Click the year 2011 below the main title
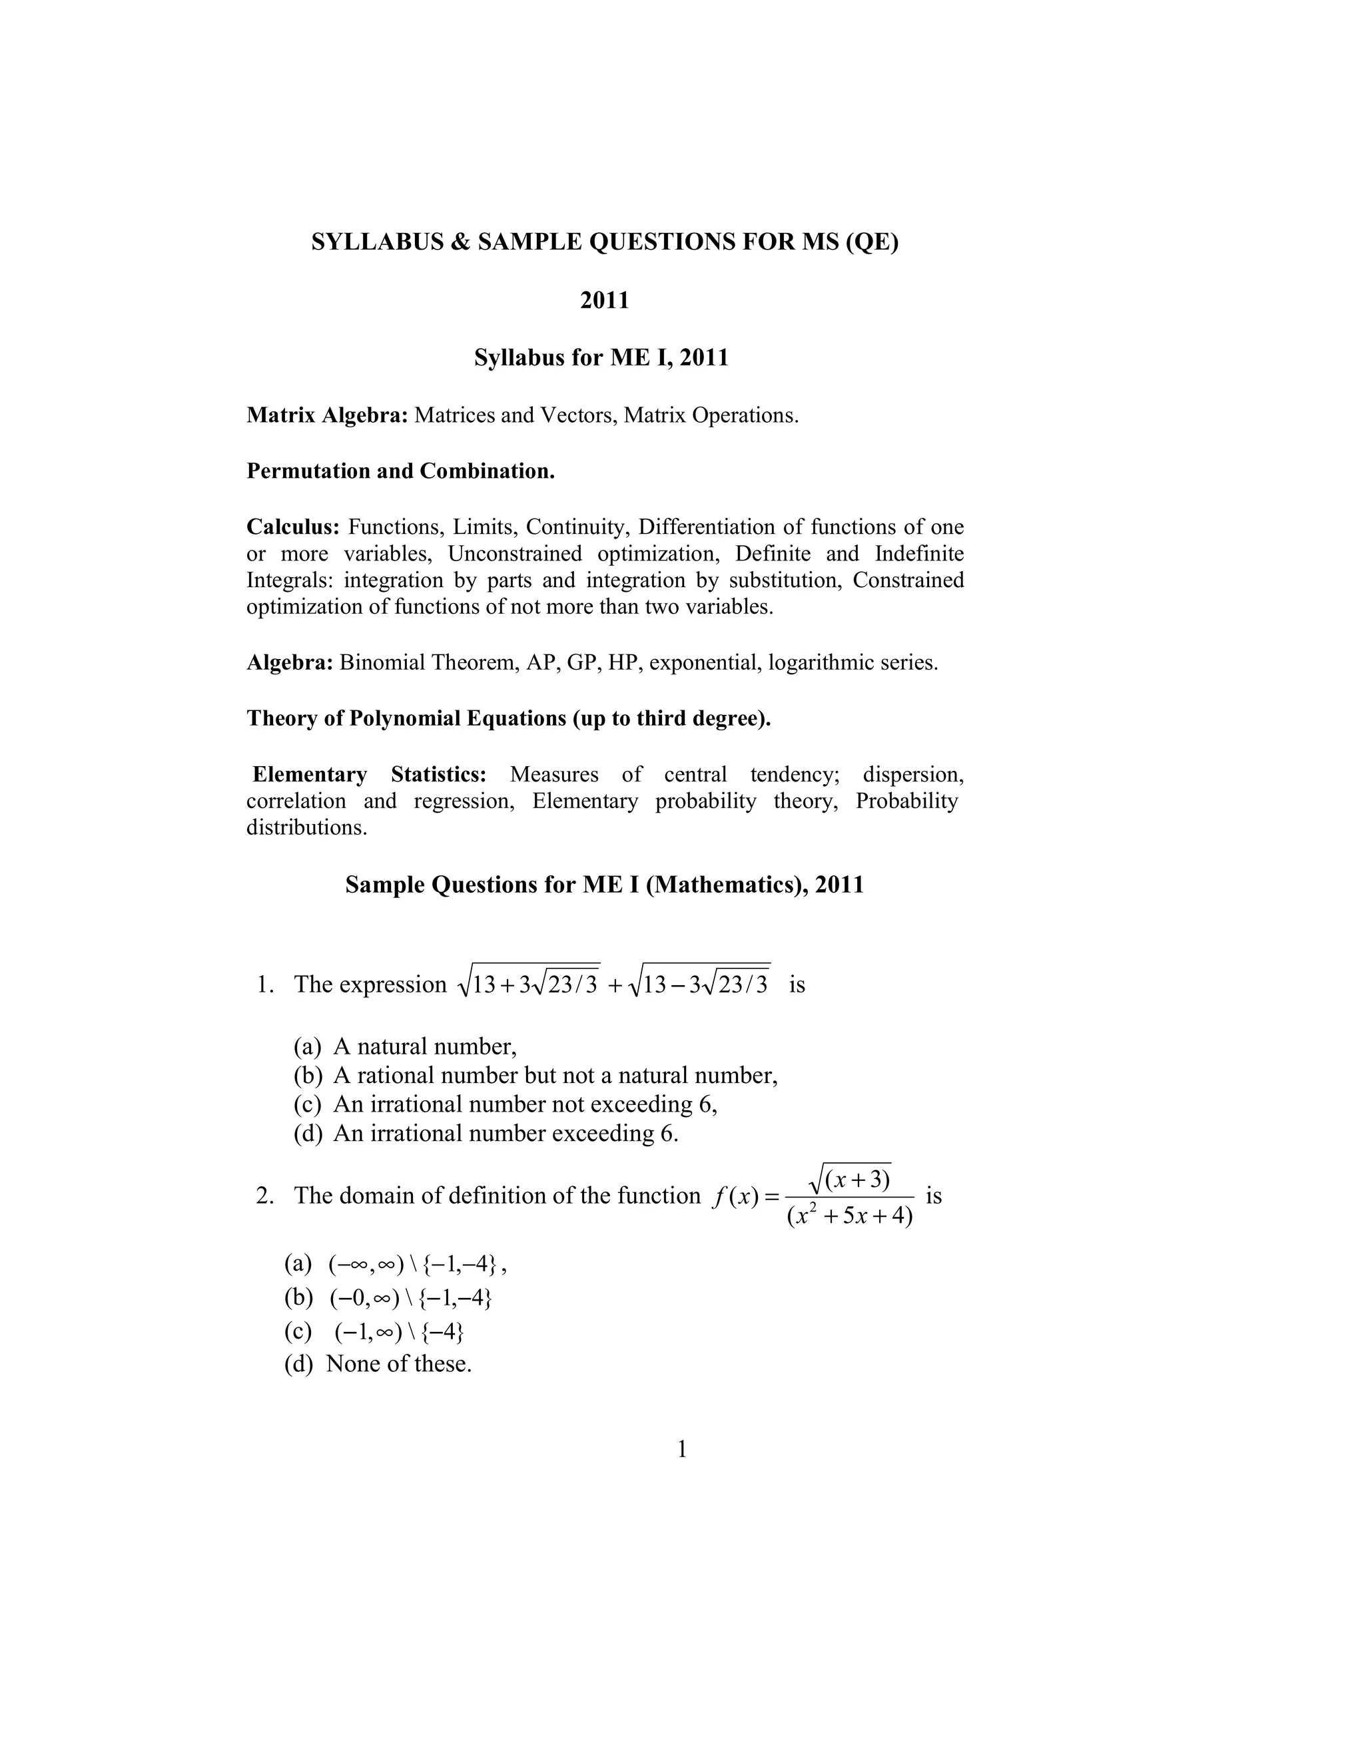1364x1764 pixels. pos(605,300)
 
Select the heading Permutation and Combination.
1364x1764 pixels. pos(401,471)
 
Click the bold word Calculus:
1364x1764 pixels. pos(292,527)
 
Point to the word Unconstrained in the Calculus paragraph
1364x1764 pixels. pos(515,553)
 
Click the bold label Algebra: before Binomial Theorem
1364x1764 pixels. pos(289,662)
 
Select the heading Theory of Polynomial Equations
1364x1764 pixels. pos(508,718)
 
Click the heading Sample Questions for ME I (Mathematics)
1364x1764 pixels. pos(605,885)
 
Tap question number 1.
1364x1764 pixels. pos(264,984)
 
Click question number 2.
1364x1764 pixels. pos(264,1196)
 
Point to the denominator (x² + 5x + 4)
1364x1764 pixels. pos(849,1215)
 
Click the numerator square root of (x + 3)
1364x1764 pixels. pos(849,1180)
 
